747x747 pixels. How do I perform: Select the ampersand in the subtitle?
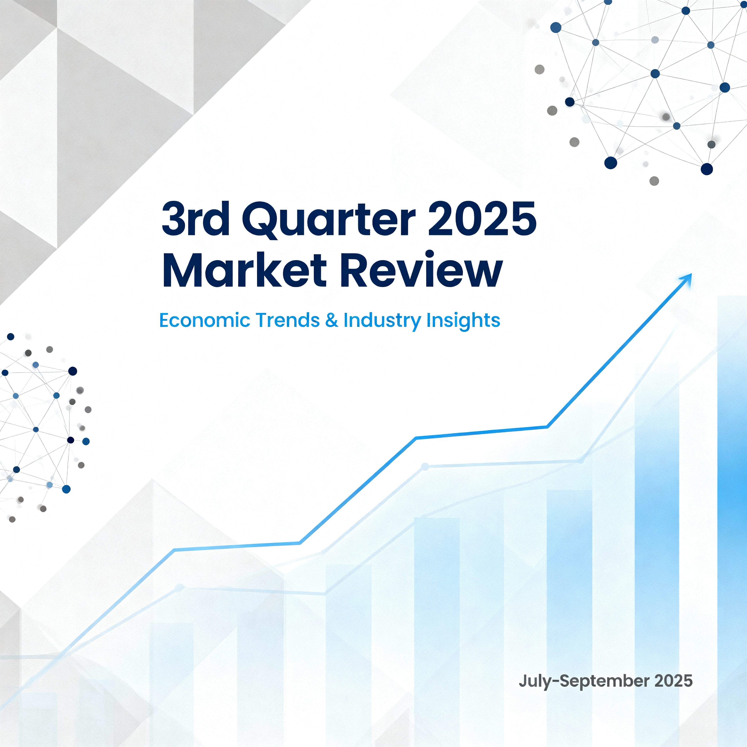tap(331, 321)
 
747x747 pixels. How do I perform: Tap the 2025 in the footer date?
tap(673, 681)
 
